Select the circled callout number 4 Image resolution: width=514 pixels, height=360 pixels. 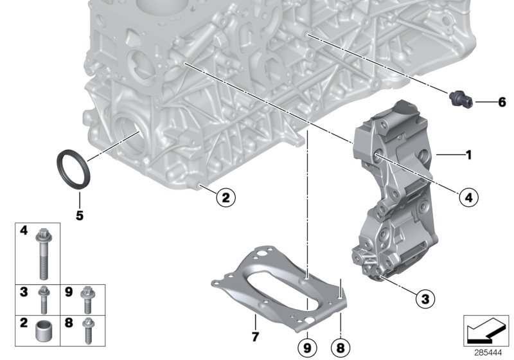[468, 197]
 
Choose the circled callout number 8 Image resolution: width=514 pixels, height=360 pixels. [340, 346]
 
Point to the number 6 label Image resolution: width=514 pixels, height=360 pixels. [502, 102]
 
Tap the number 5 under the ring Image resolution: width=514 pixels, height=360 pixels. [80, 216]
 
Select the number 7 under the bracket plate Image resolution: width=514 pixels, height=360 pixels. [254, 336]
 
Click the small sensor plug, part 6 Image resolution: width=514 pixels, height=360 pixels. [461, 98]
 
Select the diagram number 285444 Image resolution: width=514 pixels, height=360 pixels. [488, 352]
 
